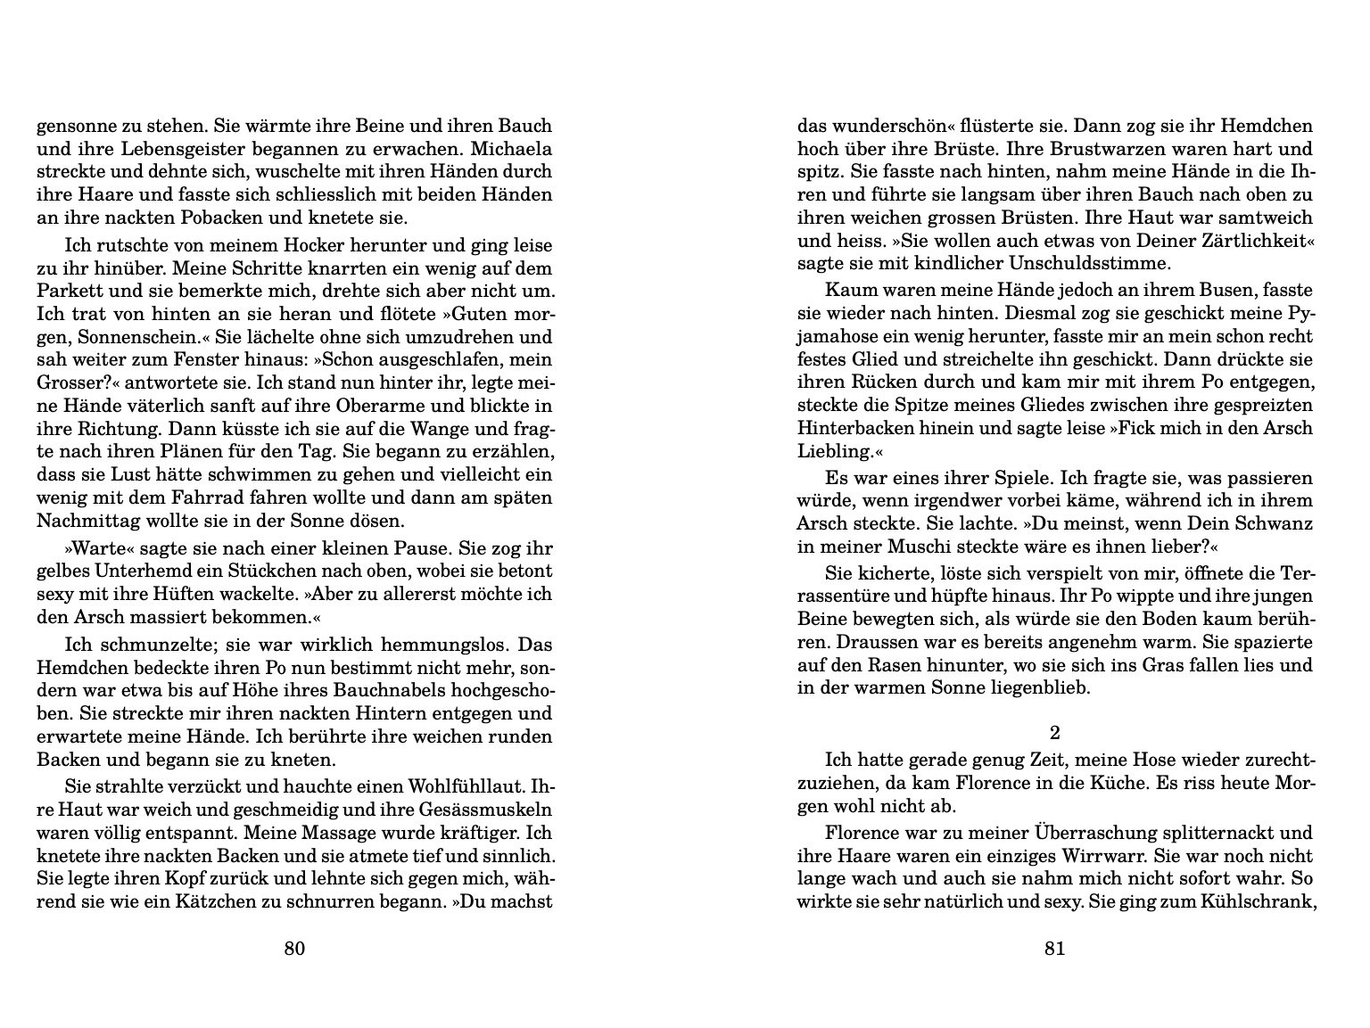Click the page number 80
click(294, 949)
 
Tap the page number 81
click(1054, 949)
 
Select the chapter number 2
click(1055, 734)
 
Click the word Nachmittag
click(85, 521)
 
